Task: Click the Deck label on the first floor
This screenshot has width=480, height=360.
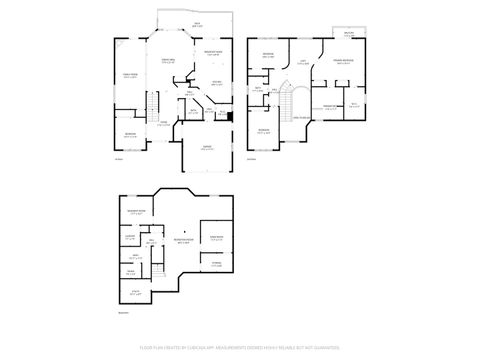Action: click(198, 23)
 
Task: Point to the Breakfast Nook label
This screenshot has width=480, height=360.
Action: click(213, 53)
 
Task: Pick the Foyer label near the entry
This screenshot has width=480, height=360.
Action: click(163, 124)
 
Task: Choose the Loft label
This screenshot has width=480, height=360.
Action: click(303, 63)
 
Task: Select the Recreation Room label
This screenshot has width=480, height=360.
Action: click(184, 241)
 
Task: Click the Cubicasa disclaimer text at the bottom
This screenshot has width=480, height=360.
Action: click(240, 346)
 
